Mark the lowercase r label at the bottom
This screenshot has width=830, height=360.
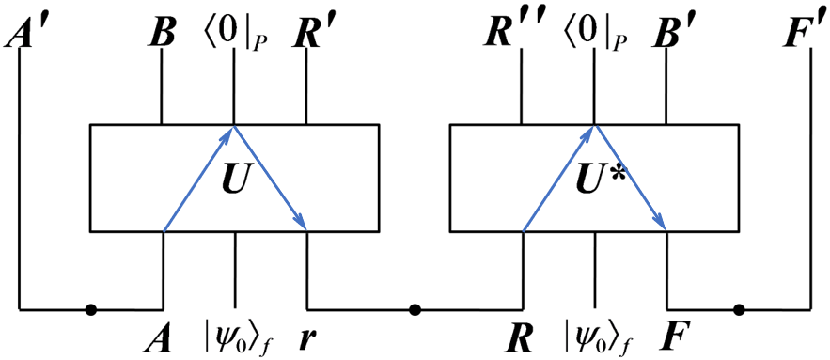pos(308,335)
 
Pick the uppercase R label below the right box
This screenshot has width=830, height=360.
pos(521,333)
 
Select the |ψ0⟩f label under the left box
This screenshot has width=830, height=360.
pos(236,335)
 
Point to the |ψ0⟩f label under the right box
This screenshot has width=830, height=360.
pos(596,335)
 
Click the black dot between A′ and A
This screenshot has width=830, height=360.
pos(90,308)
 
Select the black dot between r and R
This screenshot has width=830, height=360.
pos(415,308)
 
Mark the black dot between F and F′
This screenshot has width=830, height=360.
pos(739,308)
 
